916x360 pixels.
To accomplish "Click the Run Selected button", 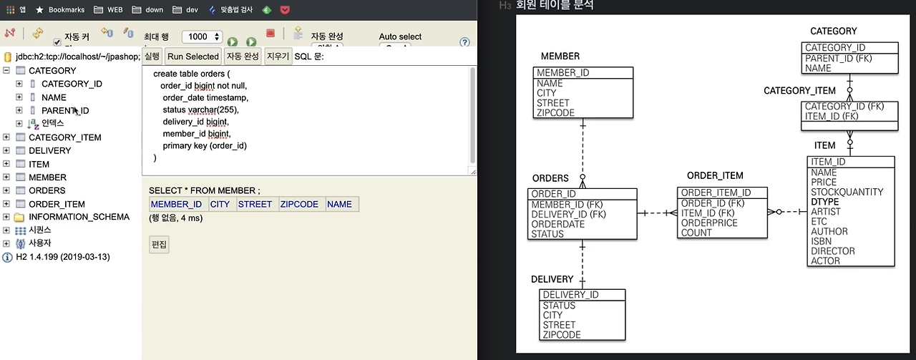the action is tap(193, 57).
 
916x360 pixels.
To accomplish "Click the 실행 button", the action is tap(152, 57).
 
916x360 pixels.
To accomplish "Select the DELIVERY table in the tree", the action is tap(49, 150).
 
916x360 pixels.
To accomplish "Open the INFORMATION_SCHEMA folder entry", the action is tap(69, 217).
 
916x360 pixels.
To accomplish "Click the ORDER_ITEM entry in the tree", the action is tap(57, 204).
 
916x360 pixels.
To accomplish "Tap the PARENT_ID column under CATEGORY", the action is tap(64, 111).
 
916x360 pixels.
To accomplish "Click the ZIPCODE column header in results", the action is tap(299, 204).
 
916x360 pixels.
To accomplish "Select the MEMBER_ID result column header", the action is tap(176, 204).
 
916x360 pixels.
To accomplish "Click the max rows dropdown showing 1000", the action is tap(202, 37).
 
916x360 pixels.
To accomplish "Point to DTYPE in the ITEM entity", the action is tap(824, 202).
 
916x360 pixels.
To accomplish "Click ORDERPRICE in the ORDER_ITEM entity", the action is tap(710, 223).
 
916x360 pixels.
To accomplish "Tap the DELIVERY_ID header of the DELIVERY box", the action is tap(570, 295).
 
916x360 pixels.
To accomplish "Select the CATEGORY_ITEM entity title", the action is tap(799, 91).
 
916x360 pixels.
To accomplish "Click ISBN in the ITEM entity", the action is tap(821, 241).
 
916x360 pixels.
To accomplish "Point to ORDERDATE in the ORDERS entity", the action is tap(557, 224).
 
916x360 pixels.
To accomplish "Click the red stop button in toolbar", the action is tap(271, 33).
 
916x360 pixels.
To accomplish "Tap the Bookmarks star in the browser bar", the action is tap(39, 10).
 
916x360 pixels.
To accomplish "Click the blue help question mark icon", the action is tap(464, 42).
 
